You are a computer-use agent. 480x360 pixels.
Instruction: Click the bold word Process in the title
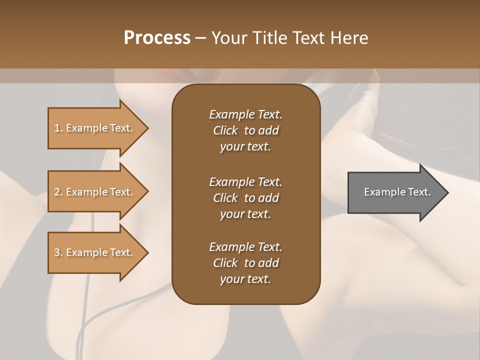(157, 37)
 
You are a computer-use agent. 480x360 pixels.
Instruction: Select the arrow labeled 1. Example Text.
(95, 128)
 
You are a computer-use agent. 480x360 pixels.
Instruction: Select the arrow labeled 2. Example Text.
(95, 192)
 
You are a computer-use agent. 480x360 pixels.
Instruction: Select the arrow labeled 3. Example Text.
(95, 252)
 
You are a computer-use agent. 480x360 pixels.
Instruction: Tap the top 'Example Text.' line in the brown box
(245, 114)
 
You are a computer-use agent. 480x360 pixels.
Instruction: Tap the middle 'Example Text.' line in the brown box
(245, 181)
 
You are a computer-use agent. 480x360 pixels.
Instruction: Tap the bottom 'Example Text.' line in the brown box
(245, 247)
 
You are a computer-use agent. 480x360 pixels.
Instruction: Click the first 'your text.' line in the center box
(245, 147)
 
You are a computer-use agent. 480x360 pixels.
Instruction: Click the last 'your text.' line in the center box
(245, 279)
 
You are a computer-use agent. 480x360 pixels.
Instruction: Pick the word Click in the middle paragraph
(225, 198)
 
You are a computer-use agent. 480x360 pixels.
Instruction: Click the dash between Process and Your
(200, 38)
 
